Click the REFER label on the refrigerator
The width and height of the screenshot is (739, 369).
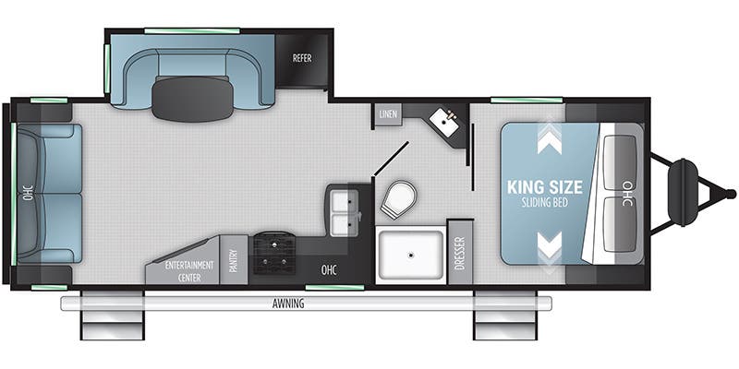click(x=302, y=58)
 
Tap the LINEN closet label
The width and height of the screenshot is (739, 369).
click(x=388, y=114)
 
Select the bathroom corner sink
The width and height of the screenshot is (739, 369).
click(x=444, y=122)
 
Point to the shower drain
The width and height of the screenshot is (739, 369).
click(x=411, y=256)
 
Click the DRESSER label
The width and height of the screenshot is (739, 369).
click(x=460, y=253)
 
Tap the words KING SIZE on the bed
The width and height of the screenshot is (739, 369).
click(x=545, y=187)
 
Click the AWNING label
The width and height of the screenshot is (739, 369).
click(x=288, y=304)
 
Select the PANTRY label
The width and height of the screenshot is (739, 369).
click(x=235, y=261)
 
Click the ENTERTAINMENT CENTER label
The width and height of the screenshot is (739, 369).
click(x=189, y=270)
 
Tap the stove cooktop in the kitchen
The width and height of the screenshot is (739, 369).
click(x=274, y=253)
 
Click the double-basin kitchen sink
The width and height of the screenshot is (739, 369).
click(x=343, y=210)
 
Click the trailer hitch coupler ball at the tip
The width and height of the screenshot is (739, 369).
click(x=731, y=193)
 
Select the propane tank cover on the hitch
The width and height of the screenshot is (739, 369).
click(x=683, y=193)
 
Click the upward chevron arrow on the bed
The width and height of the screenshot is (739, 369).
click(x=550, y=140)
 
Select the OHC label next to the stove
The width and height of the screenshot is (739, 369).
click(x=329, y=270)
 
